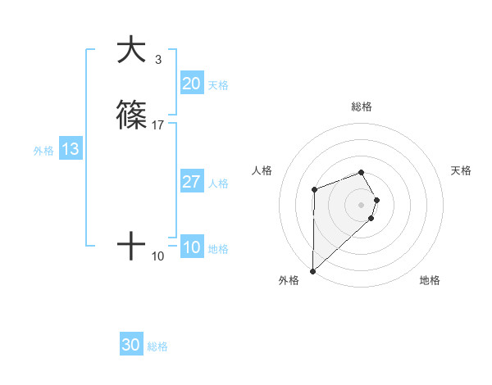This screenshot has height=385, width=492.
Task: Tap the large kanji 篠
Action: click(x=131, y=117)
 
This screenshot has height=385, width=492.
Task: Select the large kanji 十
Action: click(x=131, y=245)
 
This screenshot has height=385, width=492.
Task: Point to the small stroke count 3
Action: click(x=157, y=60)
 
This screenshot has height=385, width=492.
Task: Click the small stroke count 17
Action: click(x=158, y=125)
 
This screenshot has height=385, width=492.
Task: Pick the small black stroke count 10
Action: click(x=158, y=256)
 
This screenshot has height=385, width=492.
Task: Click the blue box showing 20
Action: click(x=191, y=84)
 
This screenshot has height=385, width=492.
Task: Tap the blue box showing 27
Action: click(x=191, y=182)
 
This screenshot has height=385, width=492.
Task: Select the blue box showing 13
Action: click(x=71, y=149)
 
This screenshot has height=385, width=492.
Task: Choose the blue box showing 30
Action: click(x=131, y=346)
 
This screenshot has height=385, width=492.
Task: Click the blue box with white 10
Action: click(x=191, y=247)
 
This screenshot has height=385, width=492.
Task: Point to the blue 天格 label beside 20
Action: click(x=218, y=85)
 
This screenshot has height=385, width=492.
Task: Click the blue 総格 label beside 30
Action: click(x=157, y=347)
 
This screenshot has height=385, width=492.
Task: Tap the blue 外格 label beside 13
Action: click(x=43, y=151)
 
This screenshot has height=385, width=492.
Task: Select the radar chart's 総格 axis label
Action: click(x=361, y=106)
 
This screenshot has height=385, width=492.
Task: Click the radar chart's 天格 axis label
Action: click(x=461, y=170)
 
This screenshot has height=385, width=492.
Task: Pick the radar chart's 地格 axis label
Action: click(x=430, y=280)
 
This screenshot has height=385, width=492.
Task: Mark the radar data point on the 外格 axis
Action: click(x=312, y=270)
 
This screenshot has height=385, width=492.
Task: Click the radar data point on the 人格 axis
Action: click(x=314, y=190)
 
